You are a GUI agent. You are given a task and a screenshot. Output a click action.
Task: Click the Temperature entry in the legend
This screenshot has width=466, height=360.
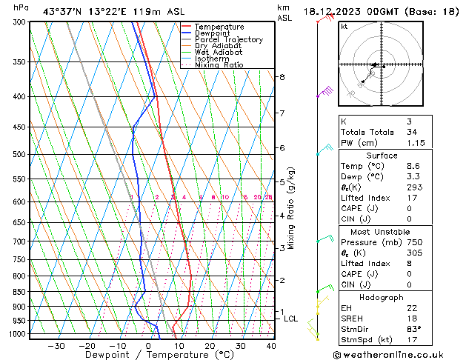tap(219, 27)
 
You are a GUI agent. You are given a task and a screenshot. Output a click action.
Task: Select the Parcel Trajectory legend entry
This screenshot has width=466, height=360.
tap(228, 40)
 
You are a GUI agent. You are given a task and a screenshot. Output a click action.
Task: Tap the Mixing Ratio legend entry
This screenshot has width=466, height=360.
tap(220, 65)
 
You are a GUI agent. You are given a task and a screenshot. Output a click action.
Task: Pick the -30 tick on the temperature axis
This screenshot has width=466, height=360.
tap(56, 346)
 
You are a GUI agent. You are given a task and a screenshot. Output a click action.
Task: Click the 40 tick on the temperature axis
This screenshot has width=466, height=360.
tap(270, 346)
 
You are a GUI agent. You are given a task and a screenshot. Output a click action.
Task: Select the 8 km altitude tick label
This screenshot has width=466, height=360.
tap(282, 77)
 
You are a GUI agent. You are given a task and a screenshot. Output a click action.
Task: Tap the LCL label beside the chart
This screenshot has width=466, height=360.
tap(291, 319)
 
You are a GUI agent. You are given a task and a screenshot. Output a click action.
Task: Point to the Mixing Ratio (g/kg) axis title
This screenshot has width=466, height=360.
tap(293, 208)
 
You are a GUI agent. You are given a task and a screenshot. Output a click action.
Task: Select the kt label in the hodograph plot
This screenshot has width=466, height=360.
tap(344, 27)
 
